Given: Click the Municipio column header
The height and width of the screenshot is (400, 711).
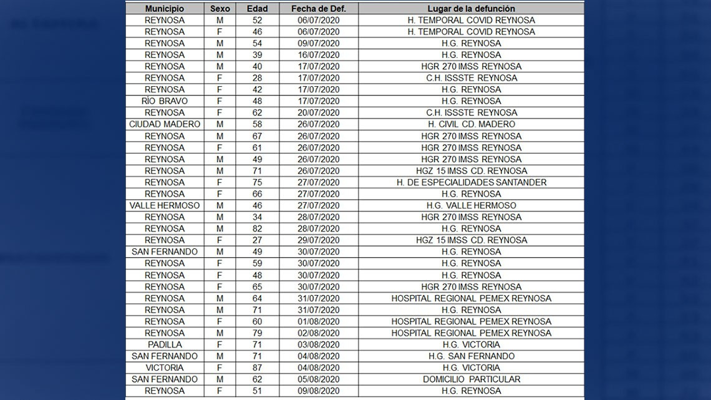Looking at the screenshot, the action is [165, 9].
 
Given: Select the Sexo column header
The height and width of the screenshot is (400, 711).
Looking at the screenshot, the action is [220, 9].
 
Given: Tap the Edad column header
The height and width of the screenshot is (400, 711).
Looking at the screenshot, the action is [257, 9].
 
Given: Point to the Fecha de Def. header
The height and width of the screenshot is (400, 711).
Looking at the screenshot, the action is [318, 9].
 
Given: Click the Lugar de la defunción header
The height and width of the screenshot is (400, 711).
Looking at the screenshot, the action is [471, 9].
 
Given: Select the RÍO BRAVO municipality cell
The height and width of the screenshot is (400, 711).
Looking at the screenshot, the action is [165, 101].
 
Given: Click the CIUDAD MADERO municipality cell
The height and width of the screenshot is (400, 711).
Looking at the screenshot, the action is [165, 124].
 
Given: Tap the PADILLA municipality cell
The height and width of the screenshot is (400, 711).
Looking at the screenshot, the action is [165, 344].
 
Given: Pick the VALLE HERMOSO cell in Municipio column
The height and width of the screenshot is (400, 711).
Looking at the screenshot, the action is [165, 205].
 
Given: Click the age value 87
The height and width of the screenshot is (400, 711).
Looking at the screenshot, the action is [257, 368].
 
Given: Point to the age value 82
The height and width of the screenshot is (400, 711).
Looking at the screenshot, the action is [257, 228].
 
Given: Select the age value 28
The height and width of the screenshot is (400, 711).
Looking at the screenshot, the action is [257, 78].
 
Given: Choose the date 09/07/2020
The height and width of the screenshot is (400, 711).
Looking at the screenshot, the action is [318, 44].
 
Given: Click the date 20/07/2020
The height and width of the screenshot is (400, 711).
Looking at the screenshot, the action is [318, 113].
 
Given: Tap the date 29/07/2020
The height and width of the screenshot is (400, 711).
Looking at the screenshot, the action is [318, 240].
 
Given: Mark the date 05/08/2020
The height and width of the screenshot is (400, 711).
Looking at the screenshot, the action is [318, 379].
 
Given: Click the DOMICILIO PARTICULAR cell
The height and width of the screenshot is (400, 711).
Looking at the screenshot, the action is [471, 379].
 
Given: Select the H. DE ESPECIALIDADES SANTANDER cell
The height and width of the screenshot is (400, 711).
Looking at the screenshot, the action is [471, 182].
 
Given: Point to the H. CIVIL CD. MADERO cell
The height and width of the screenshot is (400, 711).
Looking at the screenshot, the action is [471, 124].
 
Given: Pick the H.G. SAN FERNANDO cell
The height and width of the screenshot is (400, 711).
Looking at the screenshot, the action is [471, 356].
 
